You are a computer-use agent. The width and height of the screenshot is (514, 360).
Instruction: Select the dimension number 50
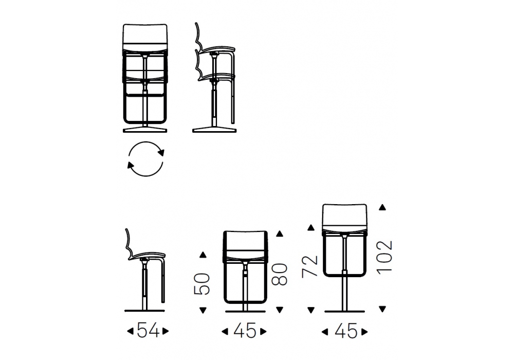point(202,284)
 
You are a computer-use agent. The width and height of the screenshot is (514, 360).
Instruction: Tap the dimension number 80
point(280,274)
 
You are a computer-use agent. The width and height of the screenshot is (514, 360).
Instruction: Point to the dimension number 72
point(310,266)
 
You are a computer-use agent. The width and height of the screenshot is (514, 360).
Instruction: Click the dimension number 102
point(384,257)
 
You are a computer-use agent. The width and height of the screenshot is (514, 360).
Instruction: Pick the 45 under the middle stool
point(245,331)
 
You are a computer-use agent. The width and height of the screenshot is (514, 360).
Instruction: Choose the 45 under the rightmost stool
point(346,331)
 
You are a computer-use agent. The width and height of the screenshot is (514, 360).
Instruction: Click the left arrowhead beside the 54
point(130,332)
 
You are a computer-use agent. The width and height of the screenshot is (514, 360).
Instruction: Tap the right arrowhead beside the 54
point(166,332)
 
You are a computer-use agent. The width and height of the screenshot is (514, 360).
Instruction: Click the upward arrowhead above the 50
point(203,255)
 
